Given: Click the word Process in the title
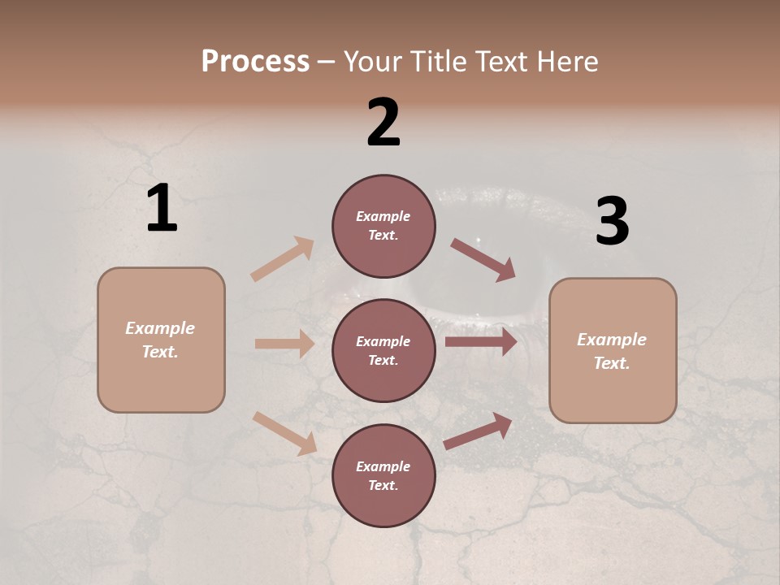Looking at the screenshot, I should [x=255, y=62].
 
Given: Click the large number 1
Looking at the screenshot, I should [x=162, y=209].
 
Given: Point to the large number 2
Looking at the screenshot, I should [x=383, y=122].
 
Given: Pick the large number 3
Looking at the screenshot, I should [x=612, y=222].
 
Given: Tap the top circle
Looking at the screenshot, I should [x=383, y=226].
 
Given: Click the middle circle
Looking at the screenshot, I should [x=383, y=350].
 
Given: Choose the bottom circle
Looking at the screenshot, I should [x=383, y=476].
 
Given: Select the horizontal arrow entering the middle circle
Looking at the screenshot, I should [x=284, y=344].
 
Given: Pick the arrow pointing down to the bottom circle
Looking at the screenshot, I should [x=284, y=433].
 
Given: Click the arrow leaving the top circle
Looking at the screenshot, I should [x=483, y=260].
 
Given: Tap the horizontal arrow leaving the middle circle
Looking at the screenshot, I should [x=481, y=342].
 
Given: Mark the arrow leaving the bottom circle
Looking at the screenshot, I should [x=478, y=431].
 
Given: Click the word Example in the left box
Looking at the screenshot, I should [x=160, y=328].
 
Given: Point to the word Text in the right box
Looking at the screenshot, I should [x=611, y=363].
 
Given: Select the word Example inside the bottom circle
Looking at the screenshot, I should [x=383, y=466].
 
